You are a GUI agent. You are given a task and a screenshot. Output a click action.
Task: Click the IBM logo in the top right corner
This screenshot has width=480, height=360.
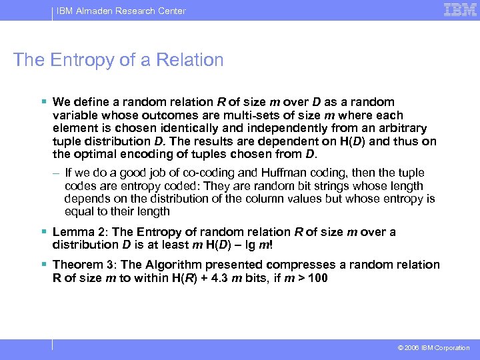coord(461,9)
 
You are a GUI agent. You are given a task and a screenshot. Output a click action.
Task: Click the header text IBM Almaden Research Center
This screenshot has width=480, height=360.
coord(121,11)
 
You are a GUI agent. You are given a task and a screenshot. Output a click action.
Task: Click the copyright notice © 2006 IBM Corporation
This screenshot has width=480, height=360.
coord(433,348)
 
